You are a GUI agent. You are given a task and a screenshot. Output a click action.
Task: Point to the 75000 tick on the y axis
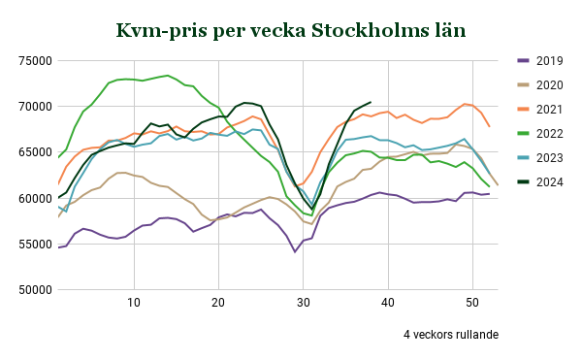coord(33,60)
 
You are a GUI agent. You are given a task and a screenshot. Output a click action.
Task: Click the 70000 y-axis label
coord(33,107)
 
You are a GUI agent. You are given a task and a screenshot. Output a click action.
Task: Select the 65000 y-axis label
coord(33,152)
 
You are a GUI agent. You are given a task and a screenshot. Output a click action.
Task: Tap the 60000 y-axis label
coord(33,199)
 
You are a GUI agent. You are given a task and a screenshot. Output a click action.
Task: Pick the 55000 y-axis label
coord(33,245)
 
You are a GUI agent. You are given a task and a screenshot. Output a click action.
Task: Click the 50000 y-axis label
coord(33,290)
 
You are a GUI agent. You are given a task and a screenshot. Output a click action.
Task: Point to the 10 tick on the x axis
coord(134,304)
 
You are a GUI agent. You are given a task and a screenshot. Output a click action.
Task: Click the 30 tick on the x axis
coord(304,304)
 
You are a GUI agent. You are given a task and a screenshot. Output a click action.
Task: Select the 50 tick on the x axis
coord(472,304)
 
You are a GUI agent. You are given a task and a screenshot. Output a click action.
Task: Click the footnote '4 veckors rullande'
coord(451,335)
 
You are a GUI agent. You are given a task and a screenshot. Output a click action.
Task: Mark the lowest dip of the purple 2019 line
coord(295,252)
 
